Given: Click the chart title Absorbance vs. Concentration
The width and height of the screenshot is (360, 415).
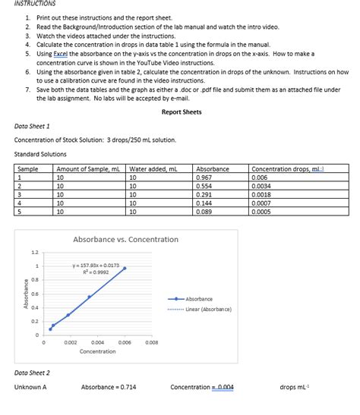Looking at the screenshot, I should point(125,240).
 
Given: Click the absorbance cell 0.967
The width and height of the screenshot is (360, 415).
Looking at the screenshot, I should point(205,177).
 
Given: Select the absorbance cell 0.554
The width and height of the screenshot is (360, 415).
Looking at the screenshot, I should point(205,185).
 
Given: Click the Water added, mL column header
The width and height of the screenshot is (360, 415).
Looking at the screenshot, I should point(153,168).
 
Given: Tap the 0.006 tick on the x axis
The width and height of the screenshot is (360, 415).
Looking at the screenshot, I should point(125,343).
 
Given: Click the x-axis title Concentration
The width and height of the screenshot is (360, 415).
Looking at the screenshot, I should point(98,351).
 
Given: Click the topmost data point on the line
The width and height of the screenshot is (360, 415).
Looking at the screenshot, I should point(125,269).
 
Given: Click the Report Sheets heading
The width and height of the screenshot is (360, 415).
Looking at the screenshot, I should point(182,112).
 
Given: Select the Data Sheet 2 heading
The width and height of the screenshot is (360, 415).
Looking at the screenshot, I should point(33,373).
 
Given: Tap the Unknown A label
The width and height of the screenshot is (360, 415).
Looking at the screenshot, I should point(30,388).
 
